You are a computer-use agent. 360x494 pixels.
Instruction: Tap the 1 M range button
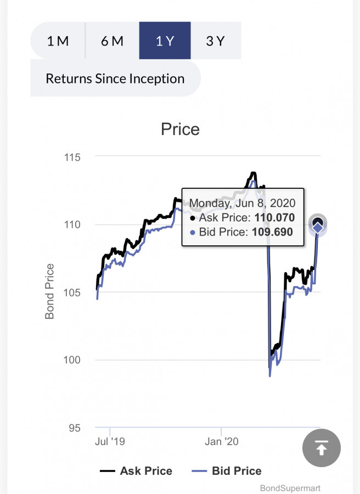coord(58,41)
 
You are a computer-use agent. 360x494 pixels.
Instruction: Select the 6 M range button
coord(112,41)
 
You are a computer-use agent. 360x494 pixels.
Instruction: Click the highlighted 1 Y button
coord(165,41)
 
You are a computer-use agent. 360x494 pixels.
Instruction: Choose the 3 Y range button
coord(215,41)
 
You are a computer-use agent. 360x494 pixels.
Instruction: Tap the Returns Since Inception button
coord(115,78)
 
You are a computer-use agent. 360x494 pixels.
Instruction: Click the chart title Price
coord(180,130)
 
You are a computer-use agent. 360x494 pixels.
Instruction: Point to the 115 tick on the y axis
coord(71,158)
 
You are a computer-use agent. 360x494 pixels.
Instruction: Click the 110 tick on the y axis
coord(71,225)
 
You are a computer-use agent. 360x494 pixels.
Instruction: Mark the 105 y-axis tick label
coord(71,293)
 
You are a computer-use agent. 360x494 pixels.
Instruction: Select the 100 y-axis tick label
coord(71,361)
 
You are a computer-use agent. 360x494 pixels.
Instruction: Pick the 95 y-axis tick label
coord(75,428)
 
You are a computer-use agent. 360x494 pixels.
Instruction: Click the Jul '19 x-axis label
coord(110,441)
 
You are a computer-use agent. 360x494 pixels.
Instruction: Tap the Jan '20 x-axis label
coord(221,441)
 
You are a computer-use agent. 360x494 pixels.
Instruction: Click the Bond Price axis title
coord(50,291)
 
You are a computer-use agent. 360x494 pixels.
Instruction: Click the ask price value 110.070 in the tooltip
coord(274,218)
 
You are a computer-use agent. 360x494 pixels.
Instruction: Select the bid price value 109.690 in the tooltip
coord(272,232)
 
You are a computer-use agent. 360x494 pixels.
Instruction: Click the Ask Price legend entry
coord(136,471)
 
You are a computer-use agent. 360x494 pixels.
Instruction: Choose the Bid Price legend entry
coord(227,471)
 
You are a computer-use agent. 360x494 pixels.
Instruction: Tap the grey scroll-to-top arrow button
coord(322,448)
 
